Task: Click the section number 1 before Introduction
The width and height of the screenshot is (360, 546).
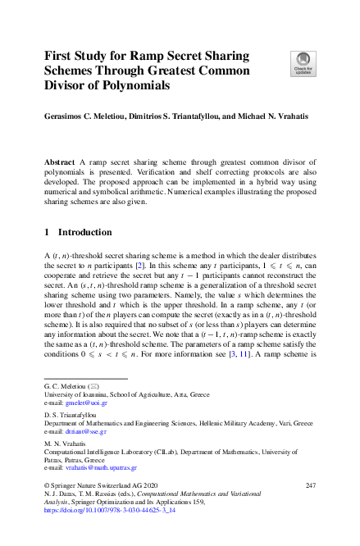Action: tap(47, 232)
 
